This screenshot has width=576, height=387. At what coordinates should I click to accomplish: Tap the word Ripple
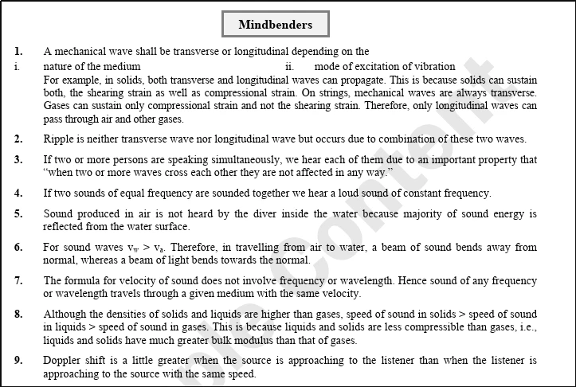tap(60, 139)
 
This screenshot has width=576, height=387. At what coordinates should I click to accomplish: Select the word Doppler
tap(64, 361)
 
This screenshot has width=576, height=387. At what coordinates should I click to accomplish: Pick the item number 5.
tap(18, 213)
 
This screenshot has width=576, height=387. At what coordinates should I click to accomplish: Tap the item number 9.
tap(18, 361)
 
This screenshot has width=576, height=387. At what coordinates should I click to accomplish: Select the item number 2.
tap(18, 139)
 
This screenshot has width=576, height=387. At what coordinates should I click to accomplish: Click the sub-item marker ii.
tap(290, 66)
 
